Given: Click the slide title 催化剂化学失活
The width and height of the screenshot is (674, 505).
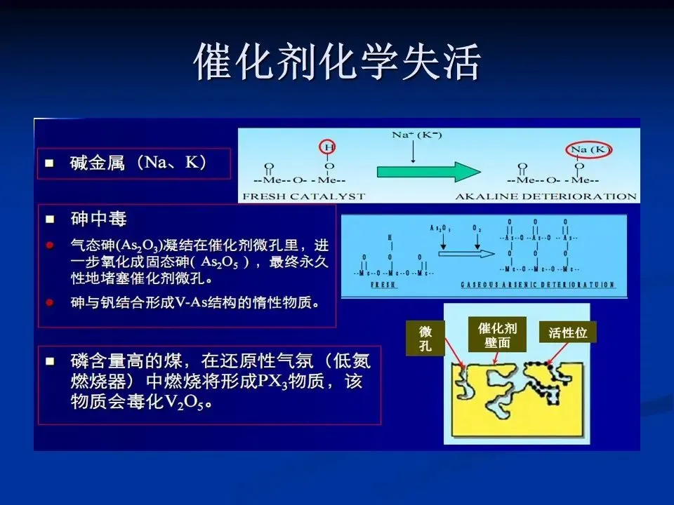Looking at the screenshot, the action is [337, 63].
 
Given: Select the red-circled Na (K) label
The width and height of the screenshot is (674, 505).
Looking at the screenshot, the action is [590, 149].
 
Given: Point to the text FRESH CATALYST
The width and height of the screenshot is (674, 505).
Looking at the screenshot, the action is [303, 196].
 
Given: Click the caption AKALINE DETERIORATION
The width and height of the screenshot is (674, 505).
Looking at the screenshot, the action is [546, 196].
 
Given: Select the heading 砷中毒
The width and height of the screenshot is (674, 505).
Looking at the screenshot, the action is [98, 220].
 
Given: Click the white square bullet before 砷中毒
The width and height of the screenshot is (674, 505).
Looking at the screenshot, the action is [50, 220].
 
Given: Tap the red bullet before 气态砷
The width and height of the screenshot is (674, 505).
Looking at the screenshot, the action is [50, 245].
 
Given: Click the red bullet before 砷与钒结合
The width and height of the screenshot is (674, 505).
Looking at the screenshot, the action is [50, 303].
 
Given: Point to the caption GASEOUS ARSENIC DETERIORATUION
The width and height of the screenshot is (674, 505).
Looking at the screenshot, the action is [538, 285].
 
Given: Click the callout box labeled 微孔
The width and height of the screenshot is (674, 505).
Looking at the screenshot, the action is [426, 338].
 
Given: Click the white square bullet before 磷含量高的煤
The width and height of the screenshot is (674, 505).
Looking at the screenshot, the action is [50, 362].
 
